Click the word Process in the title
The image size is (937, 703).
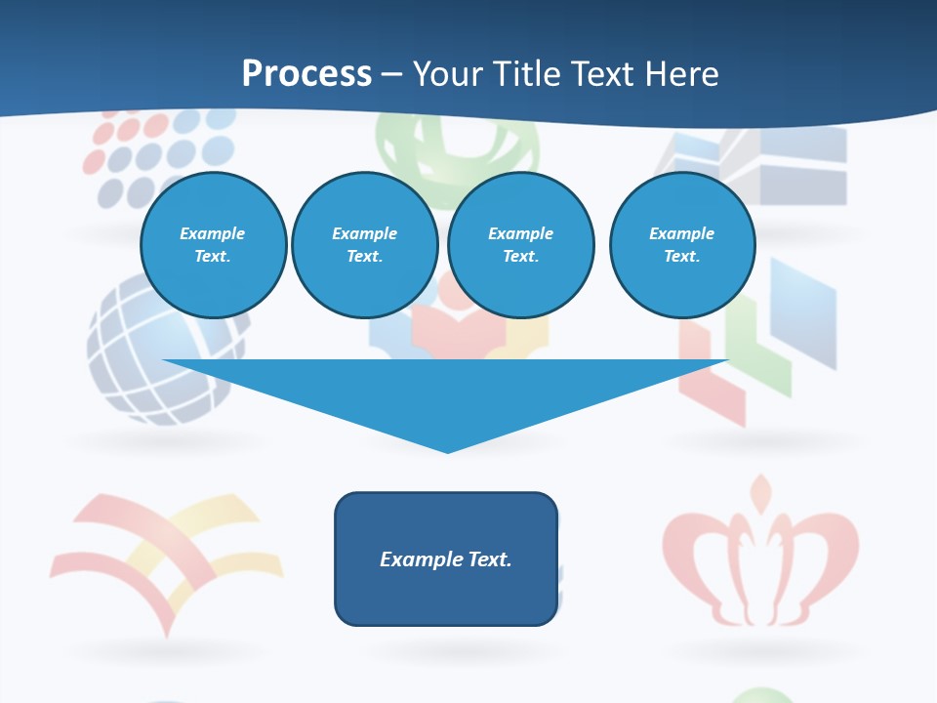coord(306,74)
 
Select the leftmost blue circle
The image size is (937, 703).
coord(213,245)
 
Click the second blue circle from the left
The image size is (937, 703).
coord(365,245)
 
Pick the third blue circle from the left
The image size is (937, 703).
coord(520,245)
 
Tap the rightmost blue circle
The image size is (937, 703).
coord(682,245)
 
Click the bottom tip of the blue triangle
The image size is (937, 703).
coord(447,450)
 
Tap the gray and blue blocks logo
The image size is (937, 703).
coord(771,161)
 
